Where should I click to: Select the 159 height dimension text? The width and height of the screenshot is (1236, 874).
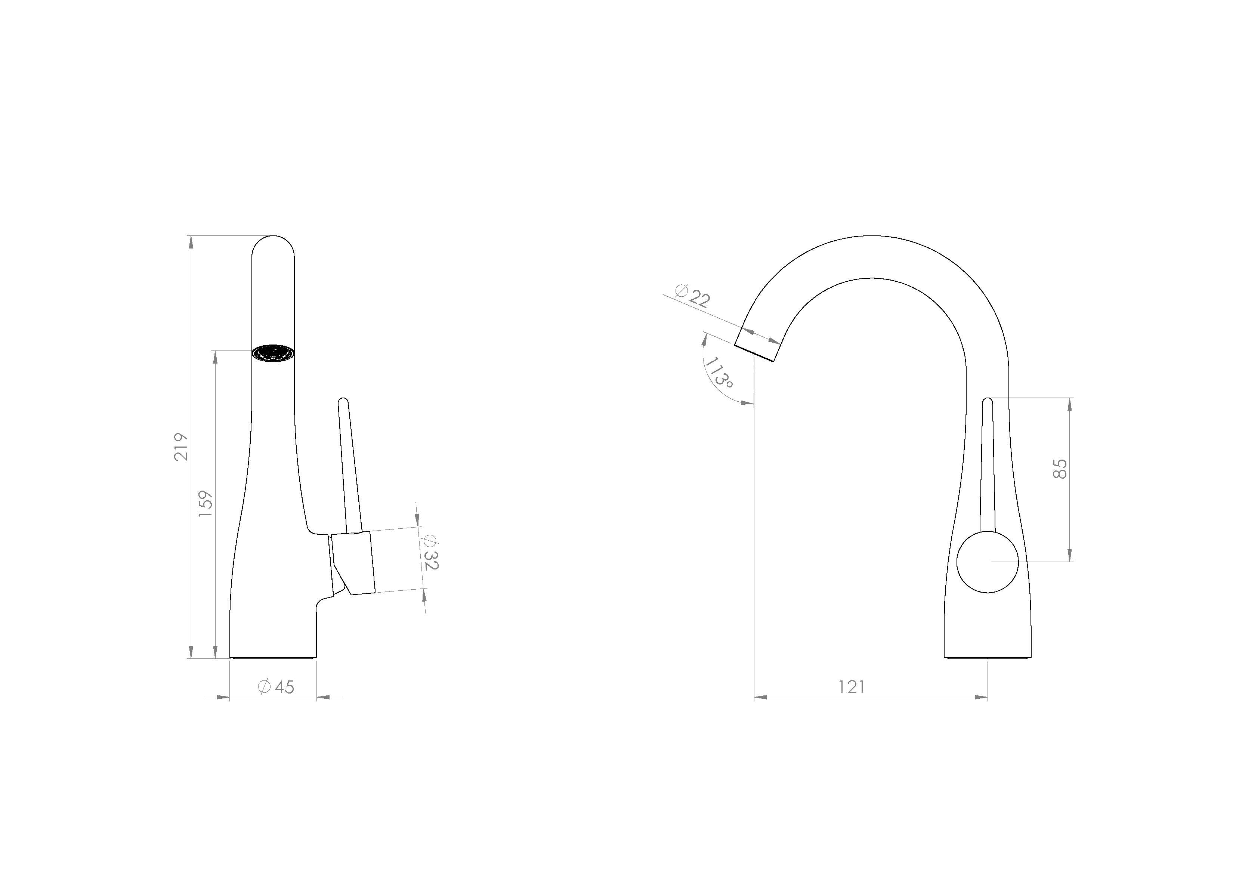tap(206, 503)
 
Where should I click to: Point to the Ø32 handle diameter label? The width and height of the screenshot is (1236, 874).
tap(431, 553)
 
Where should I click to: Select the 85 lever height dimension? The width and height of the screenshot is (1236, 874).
tap(1059, 469)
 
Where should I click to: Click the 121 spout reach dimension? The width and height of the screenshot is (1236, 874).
tap(852, 687)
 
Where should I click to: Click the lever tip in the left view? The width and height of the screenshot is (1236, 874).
tap(342, 401)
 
